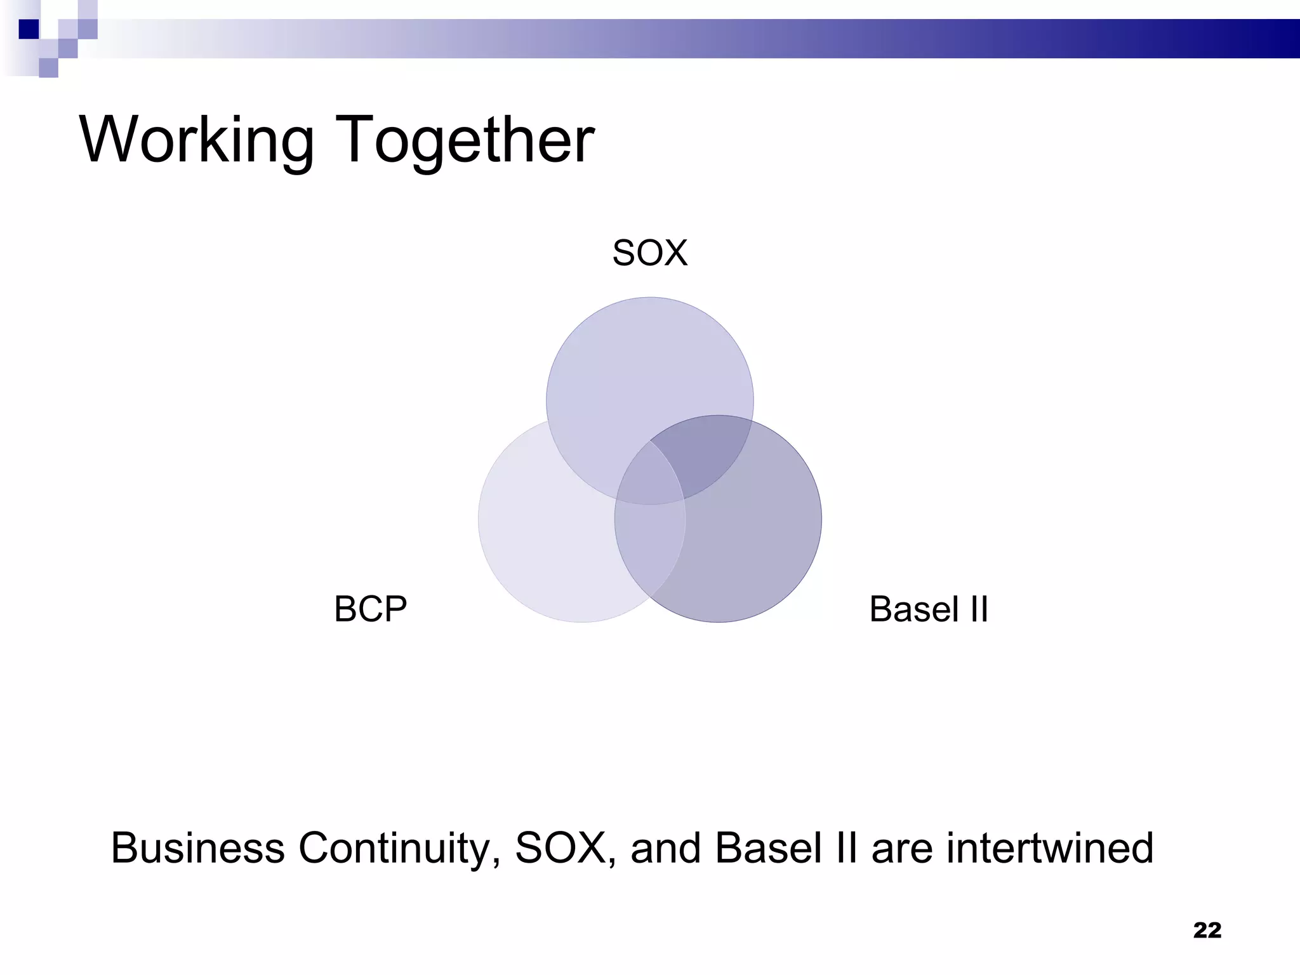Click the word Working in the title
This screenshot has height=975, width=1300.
pyautogui.click(x=196, y=140)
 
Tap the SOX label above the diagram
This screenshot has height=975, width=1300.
pyautogui.click(x=649, y=253)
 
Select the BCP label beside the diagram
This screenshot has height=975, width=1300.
pyautogui.click(x=370, y=609)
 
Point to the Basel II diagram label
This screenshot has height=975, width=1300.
pyautogui.click(x=928, y=609)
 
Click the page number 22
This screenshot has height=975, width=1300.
pyautogui.click(x=1207, y=930)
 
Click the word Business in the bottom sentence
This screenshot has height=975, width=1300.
pyautogui.click(x=197, y=848)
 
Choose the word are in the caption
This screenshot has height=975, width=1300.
pyautogui.click(x=901, y=848)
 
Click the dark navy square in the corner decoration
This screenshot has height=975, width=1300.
pyautogui.click(x=29, y=29)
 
